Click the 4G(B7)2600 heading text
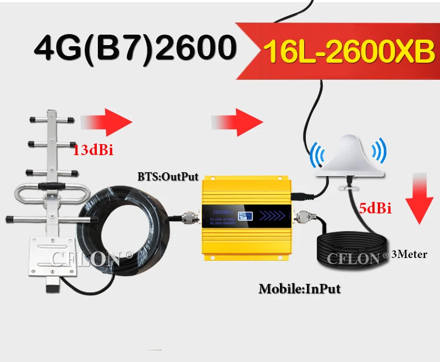[132, 49]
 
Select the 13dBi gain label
[93, 150]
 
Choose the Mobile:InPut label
[299, 287]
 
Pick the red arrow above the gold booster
[239, 119]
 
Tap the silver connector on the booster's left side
[190, 217]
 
